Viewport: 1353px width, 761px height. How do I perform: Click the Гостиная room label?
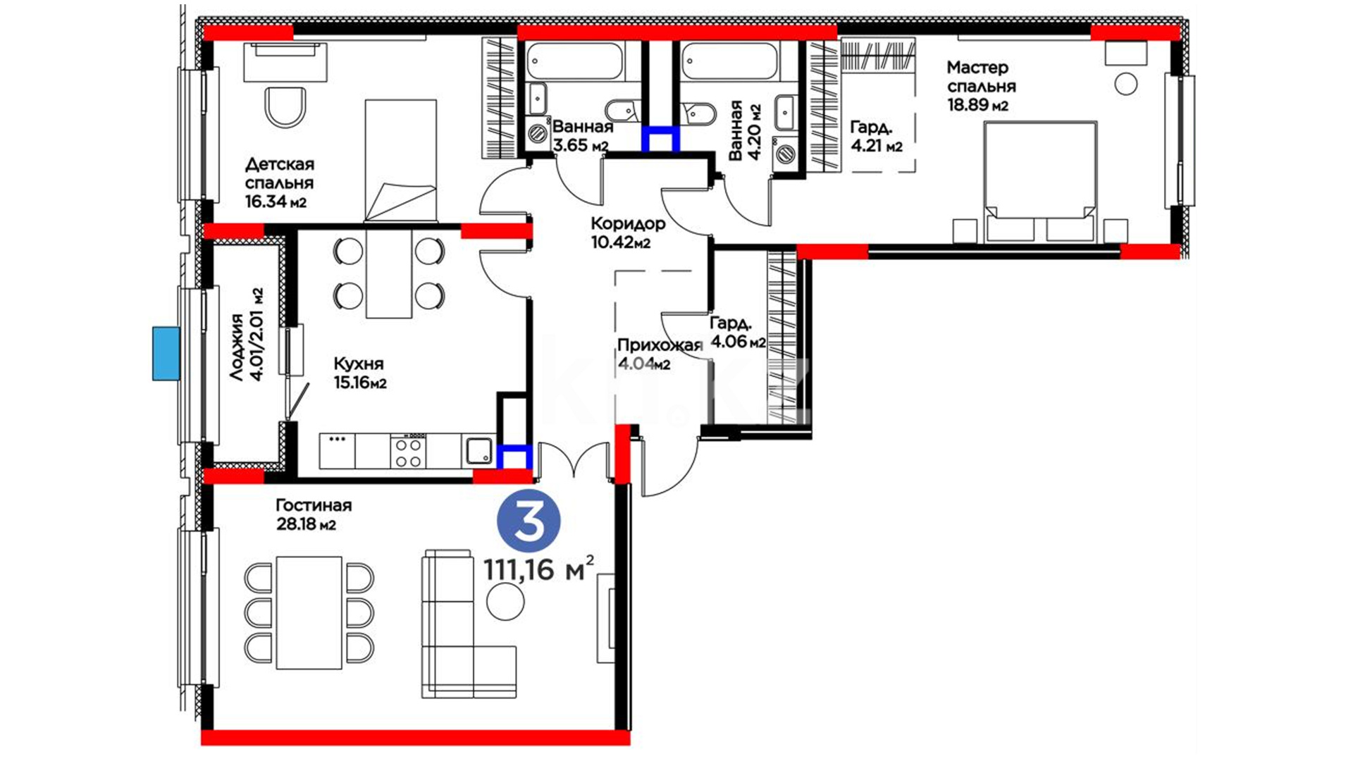[x=314, y=506]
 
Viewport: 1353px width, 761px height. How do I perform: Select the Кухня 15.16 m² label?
[x=360, y=373]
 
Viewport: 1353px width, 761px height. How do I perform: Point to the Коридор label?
[x=627, y=224]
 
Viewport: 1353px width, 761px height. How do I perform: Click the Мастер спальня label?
[x=981, y=77]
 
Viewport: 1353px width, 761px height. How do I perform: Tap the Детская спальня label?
[x=280, y=173]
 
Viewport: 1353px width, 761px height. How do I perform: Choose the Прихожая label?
[x=660, y=345]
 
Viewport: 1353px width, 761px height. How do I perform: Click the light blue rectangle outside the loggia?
[x=166, y=354]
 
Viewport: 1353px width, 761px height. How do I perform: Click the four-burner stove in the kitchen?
[x=409, y=451]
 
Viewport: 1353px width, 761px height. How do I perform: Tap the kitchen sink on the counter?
[x=479, y=450]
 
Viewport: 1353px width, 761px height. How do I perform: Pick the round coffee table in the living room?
[x=505, y=601]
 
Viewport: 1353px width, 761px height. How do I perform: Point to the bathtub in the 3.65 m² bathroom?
[x=575, y=61]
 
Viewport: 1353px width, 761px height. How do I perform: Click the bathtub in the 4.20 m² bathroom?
[x=730, y=61]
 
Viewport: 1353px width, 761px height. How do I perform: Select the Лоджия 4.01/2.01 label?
[x=247, y=335]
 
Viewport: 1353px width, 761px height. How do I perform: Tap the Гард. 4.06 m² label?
[x=737, y=333]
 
